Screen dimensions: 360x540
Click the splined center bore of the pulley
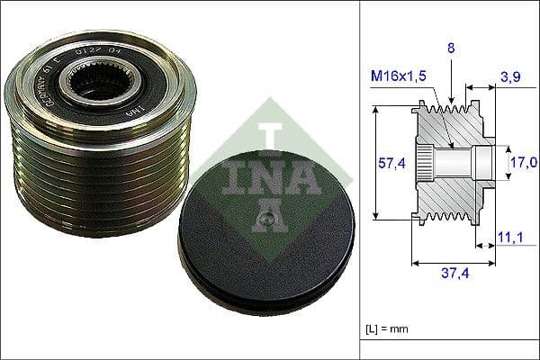[x=92, y=89]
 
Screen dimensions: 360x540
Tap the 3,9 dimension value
[x=509, y=78]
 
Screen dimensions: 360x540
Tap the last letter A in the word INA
[x=305, y=179]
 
